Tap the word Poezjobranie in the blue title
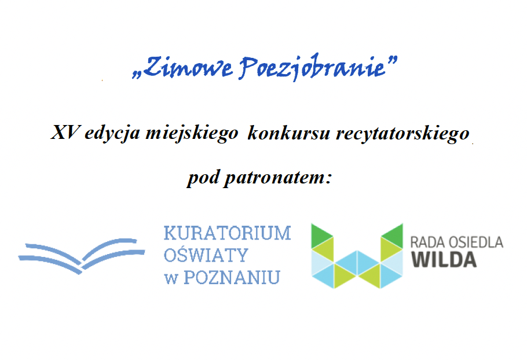312,67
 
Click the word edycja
112,133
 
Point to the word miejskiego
192,133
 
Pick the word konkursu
289,133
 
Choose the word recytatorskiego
402,134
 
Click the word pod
204,178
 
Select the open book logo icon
82,256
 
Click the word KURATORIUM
227,233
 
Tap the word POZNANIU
232,277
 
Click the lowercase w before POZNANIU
171,279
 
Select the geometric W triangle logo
357,256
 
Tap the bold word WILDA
444,260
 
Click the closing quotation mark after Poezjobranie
391,61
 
